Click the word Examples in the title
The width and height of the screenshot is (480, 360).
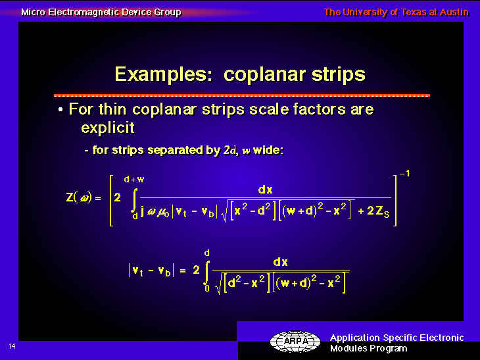click(x=164, y=74)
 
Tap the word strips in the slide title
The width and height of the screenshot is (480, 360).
click(x=339, y=75)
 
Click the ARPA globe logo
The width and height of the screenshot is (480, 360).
click(x=295, y=342)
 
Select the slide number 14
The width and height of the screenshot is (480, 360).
click(x=12, y=347)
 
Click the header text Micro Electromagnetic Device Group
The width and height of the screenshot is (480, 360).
click(x=101, y=13)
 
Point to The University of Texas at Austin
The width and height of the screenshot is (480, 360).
click(x=396, y=13)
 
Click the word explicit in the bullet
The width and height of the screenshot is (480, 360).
click(x=108, y=128)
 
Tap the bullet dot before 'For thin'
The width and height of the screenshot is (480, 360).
click(x=60, y=110)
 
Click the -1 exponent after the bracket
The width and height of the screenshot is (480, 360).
click(x=404, y=173)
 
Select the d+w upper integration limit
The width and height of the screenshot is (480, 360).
click(x=134, y=179)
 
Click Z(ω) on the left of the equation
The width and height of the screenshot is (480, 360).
click(x=79, y=197)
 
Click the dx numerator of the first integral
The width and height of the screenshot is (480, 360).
click(x=266, y=190)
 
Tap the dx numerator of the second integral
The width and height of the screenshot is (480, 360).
click(x=280, y=262)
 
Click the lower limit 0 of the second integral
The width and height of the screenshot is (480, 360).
click(x=207, y=288)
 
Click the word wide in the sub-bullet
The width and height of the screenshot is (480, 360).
click(x=268, y=151)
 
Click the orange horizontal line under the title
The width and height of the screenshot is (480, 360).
click(x=242, y=95)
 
